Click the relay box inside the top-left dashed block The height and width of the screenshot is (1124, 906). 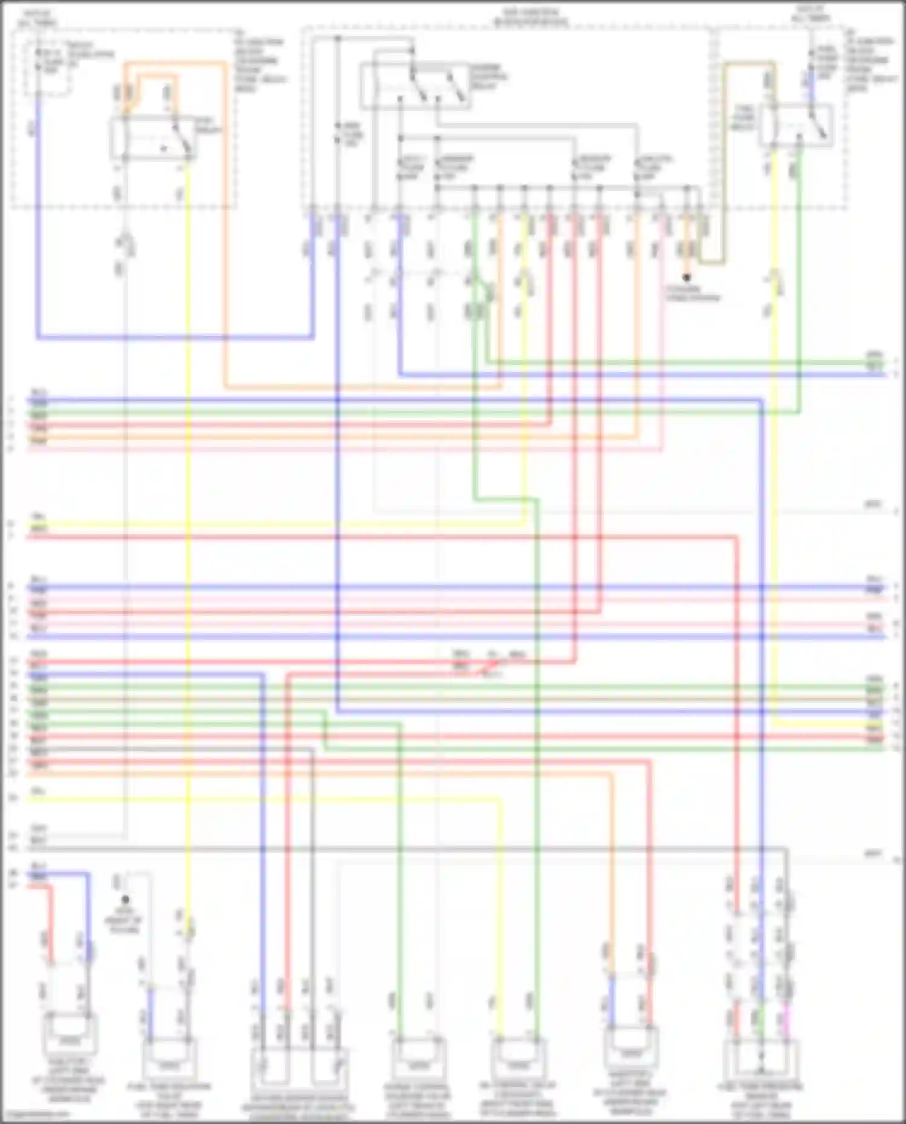coord(151,140)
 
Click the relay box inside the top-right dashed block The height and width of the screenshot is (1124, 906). coord(796,125)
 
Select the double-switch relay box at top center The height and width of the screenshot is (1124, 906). coord(416,86)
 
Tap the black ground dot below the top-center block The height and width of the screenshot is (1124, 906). coord(687,278)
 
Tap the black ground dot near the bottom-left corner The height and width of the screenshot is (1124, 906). coord(125,900)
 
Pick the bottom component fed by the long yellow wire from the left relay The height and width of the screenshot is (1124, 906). coord(169,1058)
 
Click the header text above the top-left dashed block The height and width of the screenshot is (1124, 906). coord(37,18)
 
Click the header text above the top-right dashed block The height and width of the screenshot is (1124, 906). coord(811,14)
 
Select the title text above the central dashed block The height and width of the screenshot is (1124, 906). coord(531,17)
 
